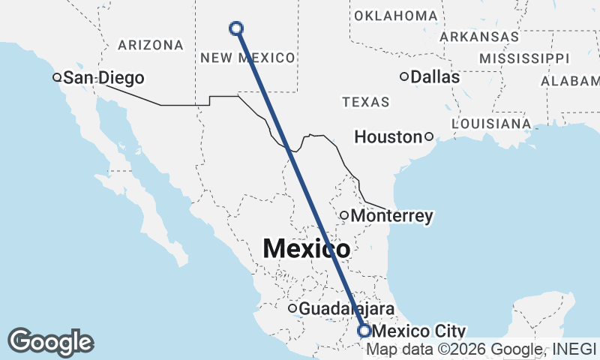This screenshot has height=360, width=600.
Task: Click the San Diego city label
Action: [x=103, y=76]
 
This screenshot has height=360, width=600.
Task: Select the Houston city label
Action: [x=388, y=136]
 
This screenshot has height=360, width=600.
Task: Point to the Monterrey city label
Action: [x=391, y=216]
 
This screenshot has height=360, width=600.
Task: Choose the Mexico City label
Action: [x=418, y=331]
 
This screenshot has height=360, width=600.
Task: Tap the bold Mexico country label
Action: [x=306, y=247]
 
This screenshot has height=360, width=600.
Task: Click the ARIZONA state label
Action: [x=151, y=45]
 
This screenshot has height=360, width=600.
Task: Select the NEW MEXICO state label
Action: [x=247, y=58]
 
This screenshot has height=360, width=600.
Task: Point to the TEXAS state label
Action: [x=365, y=102]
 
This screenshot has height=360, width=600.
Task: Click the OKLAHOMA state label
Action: [x=395, y=16]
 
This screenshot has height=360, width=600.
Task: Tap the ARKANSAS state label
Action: [x=479, y=36]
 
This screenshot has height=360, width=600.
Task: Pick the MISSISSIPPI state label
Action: [x=524, y=58]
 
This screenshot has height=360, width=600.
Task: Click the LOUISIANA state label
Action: [x=492, y=123]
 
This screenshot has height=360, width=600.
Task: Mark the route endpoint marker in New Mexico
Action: [x=236, y=28]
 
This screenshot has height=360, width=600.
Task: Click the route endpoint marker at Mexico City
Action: [x=364, y=331]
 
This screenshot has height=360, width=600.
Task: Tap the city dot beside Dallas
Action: [x=404, y=76]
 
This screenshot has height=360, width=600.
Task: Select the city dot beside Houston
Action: [x=428, y=136]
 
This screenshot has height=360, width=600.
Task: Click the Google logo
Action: [x=50, y=342]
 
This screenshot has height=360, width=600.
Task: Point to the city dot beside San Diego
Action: [x=56, y=76]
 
